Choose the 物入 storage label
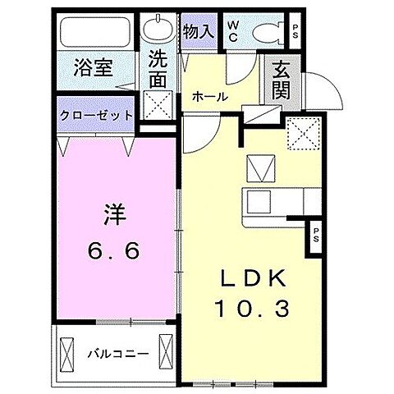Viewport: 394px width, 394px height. (x=198, y=32)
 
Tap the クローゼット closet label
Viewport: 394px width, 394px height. (x=96, y=114)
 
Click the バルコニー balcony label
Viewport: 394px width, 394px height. (x=118, y=354)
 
